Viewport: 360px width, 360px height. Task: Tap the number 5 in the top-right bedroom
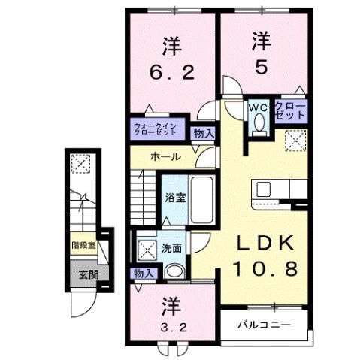pyautogui.click(x=260, y=67)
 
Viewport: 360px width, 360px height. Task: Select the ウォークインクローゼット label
pyautogui.click(x=154, y=129)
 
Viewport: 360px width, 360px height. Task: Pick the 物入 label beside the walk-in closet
pyautogui.click(x=204, y=134)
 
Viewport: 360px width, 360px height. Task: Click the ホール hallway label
pyautogui.click(x=165, y=157)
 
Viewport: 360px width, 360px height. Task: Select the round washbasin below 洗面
pyautogui.click(x=174, y=272)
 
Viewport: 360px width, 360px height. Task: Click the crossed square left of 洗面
pyautogui.click(x=144, y=248)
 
